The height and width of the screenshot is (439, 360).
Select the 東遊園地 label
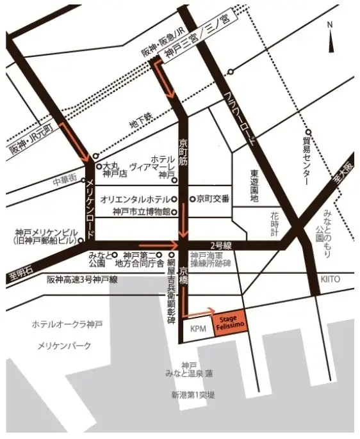[x=254, y=185]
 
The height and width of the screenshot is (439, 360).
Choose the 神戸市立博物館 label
[x=140, y=212]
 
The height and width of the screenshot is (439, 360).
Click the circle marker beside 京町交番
[x=192, y=199]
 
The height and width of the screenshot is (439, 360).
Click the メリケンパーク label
[x=64, y=346]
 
